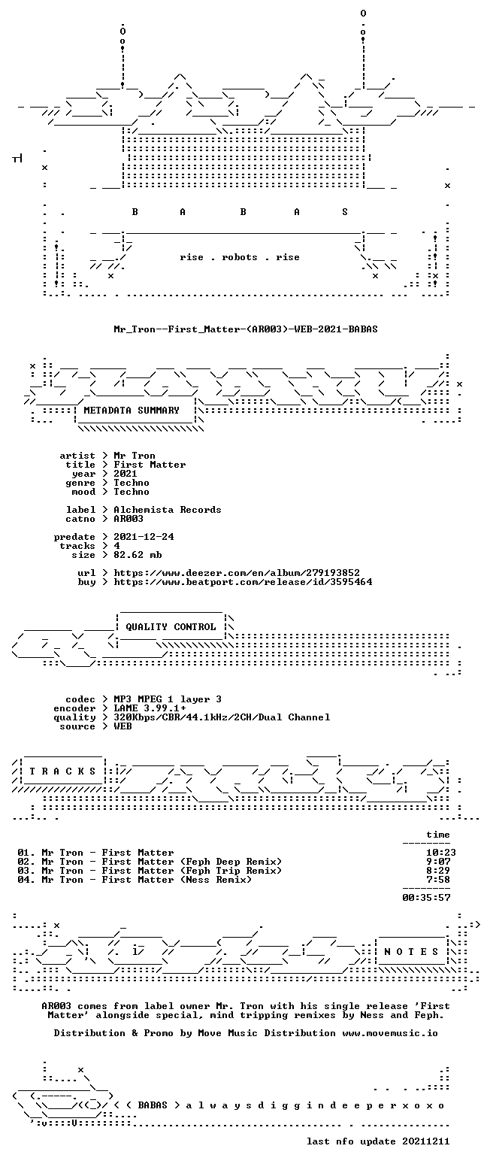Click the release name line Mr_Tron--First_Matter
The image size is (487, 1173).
[246, 329]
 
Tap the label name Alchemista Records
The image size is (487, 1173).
[168, 510]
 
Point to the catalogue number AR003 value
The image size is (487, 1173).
[129, 519]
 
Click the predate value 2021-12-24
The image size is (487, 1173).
[144, 537]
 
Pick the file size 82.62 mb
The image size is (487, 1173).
[138, 555]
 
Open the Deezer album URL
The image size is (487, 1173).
[237, 573]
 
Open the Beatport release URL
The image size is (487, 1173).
[243, 582]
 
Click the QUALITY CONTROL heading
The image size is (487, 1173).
[171, 627]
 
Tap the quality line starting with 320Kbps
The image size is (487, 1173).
[222, 717]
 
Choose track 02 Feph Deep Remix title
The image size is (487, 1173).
[162, 862]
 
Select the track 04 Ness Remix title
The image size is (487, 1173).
[147, 880]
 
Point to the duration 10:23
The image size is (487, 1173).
[441, 853]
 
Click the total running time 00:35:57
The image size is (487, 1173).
[426, 898]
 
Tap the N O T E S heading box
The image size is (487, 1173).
[412, 951]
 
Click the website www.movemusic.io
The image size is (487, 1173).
[390, 1033]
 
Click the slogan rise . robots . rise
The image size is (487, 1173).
[240, 257]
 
